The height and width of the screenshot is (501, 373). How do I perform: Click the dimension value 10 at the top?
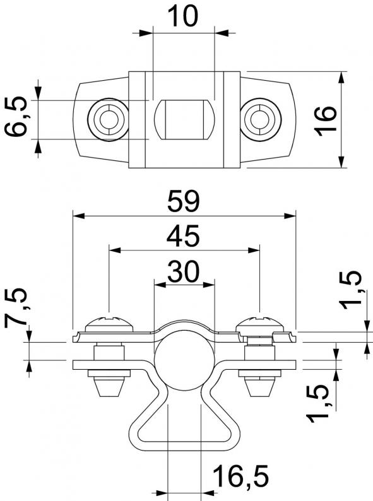coord(182,16)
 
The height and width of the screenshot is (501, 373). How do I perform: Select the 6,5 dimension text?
coord(15,116)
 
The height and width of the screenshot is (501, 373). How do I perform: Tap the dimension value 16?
coord(326,121)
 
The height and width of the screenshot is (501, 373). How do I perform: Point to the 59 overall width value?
coord(184,201)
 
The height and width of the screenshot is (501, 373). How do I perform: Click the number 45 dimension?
coord(183,236)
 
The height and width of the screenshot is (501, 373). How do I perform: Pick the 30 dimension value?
coord(184,271)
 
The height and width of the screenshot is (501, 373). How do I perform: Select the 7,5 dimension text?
coord(15,306)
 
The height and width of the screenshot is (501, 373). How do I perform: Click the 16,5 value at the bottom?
coord(240,476)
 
